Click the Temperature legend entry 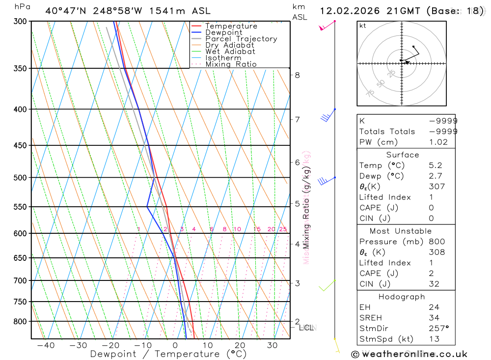[x=231, y=26]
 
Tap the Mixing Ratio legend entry [x=231, y=64]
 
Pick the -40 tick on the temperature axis [x=46, y=345]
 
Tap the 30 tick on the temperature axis [x=273, y=345]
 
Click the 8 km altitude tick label [x=297, y=75]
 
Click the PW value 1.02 [x=438, y=142]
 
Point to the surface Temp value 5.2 [x=435, y=166]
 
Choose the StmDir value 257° [x=439, y=329]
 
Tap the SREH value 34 [x=434, y=318]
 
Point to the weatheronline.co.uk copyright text [x=409, y=354]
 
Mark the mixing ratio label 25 [x=283, y=229]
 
